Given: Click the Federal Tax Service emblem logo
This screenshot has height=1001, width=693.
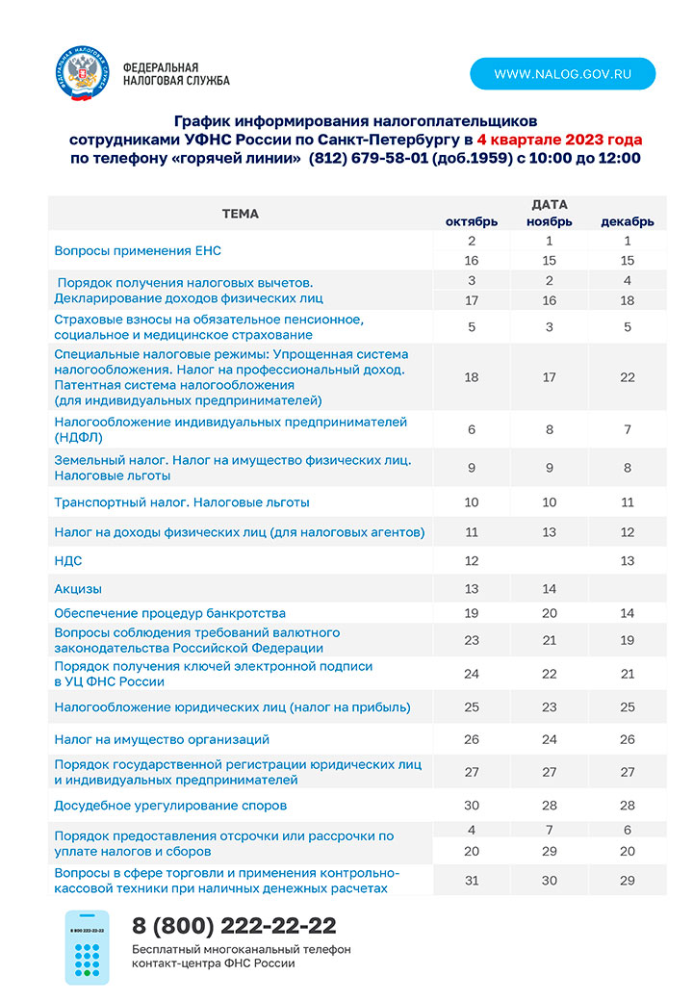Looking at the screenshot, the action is click(81, 73).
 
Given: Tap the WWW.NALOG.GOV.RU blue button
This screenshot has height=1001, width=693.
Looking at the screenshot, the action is click(563, 74).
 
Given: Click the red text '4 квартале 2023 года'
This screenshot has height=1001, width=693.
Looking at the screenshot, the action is click(559, 140).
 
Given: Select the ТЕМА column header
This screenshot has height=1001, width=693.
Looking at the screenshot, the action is click(240, 214).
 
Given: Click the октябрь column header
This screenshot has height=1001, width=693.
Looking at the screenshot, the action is click(472, 221).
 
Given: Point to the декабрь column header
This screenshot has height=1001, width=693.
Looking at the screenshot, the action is click(628, 221).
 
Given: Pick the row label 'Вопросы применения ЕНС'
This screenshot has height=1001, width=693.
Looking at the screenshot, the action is click(138, 251).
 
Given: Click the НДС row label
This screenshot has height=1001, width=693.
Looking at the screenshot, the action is click(68, 560).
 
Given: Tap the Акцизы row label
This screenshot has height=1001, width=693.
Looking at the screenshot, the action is click(78, 589).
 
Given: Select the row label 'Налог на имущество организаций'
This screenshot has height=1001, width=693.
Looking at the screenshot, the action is click(162, 739).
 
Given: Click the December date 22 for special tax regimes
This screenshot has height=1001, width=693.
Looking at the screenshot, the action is click(628, 377).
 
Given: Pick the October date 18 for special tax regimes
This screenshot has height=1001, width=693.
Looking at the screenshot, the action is click(472, 377).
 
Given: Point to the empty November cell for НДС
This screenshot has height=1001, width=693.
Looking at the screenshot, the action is click(550, 560).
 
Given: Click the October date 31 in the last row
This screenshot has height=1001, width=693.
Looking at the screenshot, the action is click(472, 881).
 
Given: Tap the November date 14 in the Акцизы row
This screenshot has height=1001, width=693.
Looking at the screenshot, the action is click(550, 589).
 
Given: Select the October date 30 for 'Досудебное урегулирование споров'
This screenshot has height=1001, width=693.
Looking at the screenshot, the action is click(472, 806).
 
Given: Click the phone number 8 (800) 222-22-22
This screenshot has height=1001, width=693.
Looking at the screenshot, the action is click(234, 926).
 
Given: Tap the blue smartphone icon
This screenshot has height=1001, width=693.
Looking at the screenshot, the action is click(88, 948).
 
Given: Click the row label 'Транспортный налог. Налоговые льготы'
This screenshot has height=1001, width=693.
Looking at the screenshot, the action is click(182, 502).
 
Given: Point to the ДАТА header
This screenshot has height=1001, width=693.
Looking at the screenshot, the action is click(550, 204).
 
